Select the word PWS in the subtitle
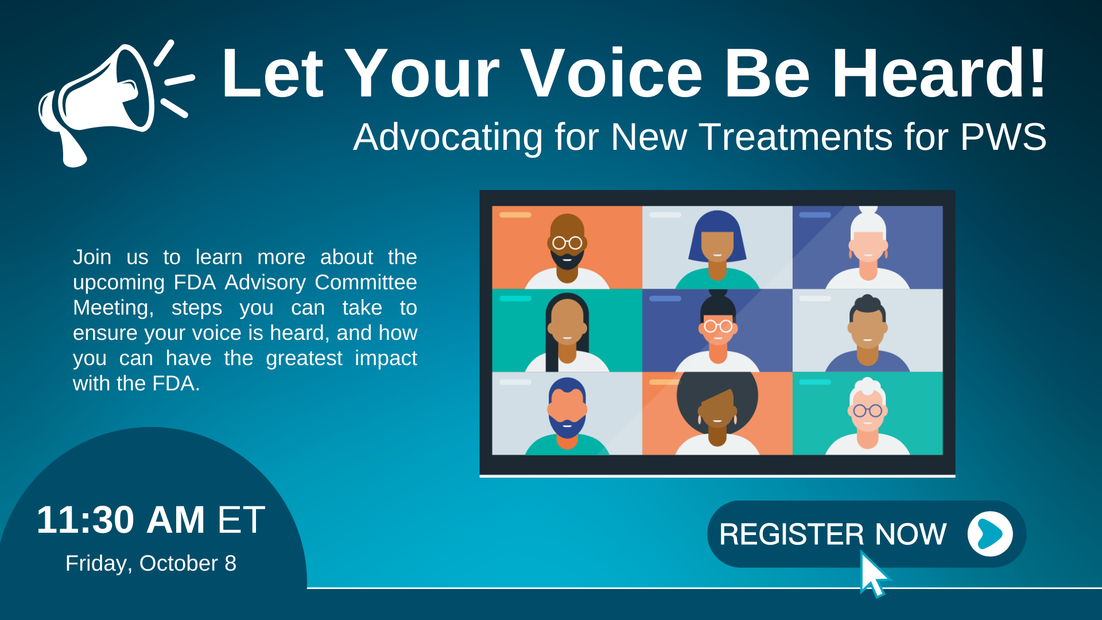click(1003, 137)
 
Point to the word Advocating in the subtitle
click(448, 138)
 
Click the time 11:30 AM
click(121, 520)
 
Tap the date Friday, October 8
click(151, 563)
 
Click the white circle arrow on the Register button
click(990, 534)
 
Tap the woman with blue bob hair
click(717, 250)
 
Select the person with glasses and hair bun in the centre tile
click(717, 331)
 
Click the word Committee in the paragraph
click(366, 282)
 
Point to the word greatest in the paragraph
click(304, 359)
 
